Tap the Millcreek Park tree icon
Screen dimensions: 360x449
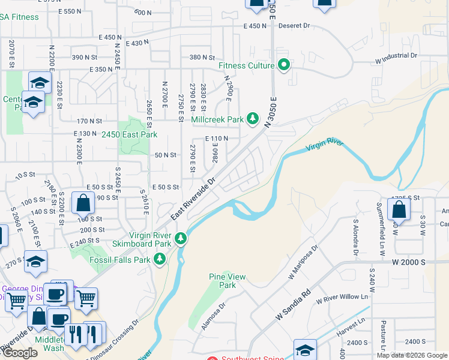[x=253, y=119]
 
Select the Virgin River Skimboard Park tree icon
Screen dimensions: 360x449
[x=180, y=239]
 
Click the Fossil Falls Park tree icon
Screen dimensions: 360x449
[x=160, y=259]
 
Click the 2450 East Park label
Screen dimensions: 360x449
[x=129, y=135]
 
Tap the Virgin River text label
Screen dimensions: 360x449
[x=324, y=145]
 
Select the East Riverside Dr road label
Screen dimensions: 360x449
[x=193, y=199]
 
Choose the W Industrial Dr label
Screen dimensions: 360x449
[x=396, y=55]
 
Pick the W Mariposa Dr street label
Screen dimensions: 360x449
[x=303, y=264]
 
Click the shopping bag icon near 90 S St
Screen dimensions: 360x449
[x=83, y=203]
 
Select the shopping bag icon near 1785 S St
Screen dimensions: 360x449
[x=398, y=210]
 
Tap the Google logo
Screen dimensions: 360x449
[x=19, y=353]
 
